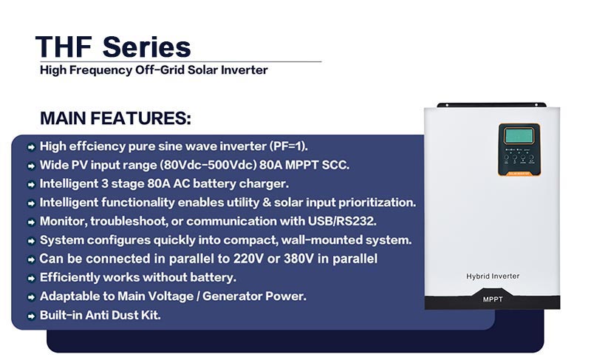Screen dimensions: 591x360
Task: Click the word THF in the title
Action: [x=64, y=47]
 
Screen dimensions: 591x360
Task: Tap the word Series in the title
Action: [x=146, y=47]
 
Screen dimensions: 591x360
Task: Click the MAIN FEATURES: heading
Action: [x=115, y=118]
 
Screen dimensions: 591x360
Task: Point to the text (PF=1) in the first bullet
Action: [x=288, y=146]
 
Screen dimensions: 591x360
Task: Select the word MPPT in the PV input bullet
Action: [x=301, y=165]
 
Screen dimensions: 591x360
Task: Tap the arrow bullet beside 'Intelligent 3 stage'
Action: [x=31, y=184]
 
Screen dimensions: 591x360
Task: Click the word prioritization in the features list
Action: [x=377, y=203]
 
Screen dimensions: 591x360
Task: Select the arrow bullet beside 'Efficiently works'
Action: [x=31, y=278]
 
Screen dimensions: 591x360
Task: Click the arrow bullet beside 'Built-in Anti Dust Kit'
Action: [x=31, y=316]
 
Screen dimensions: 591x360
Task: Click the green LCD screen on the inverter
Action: [x=519, y=135]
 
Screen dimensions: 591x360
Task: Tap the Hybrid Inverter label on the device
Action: [x=493, y=276]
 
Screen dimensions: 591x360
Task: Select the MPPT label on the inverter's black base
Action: [x=493, y=299]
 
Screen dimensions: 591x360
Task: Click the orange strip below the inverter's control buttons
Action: [x=519, y=174]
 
